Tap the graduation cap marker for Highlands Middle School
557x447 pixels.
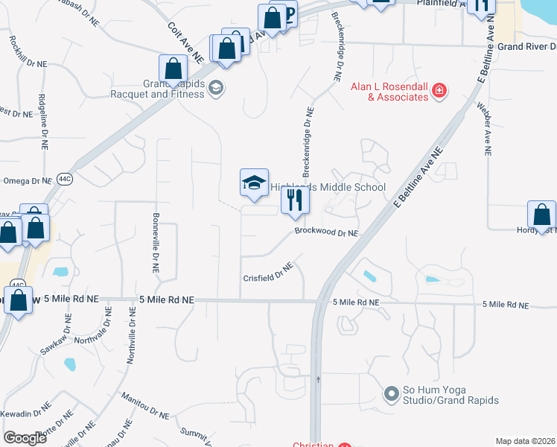click(x=254, y=183)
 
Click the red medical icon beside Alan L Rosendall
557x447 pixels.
click(x=440, y=91)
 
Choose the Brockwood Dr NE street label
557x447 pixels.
click(x=326, y=232)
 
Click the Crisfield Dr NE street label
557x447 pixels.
click(x=268, y=276)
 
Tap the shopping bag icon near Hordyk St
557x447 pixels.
click(x=541, y=215)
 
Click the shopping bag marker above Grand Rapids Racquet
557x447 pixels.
click(x=173, y=69)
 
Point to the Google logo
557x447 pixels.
click(x=25, y=438)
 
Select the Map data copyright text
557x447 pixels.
click(x=525, y=441)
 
